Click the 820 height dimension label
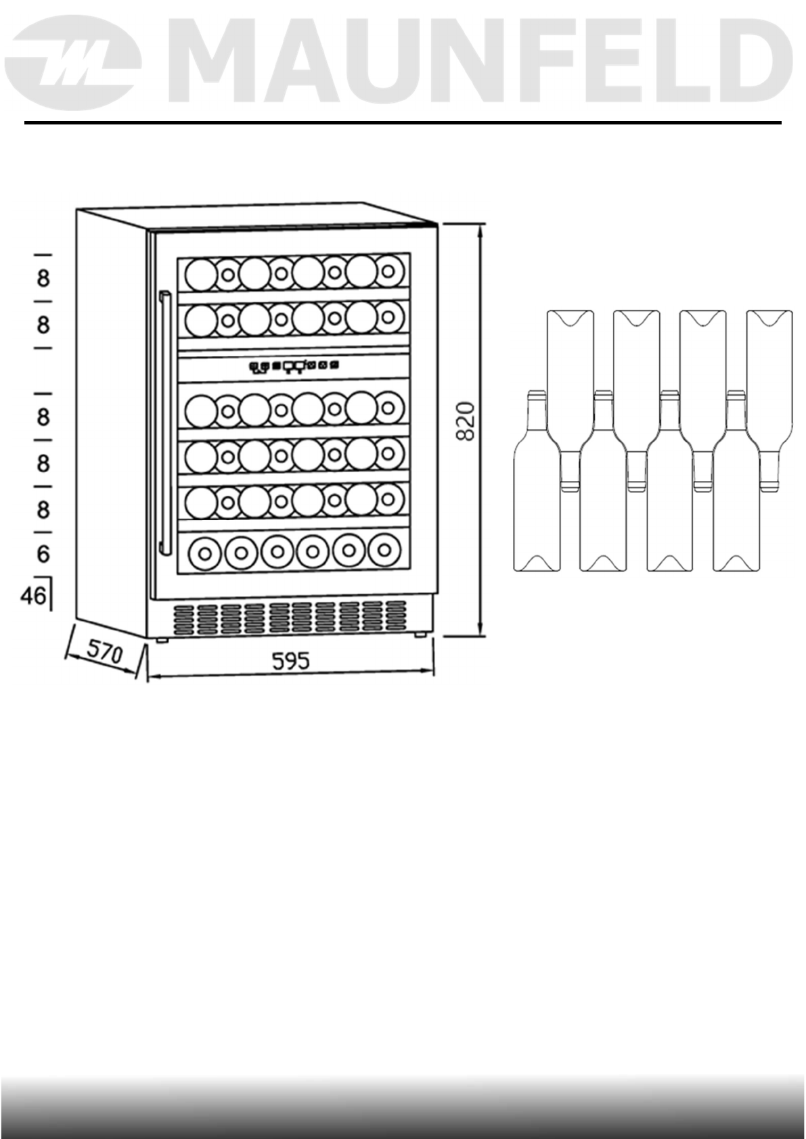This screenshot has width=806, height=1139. (467, 421)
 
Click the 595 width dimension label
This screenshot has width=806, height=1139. (290, 661)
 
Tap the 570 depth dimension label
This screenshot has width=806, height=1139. (105, 653)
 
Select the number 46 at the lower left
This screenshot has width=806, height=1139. (33, 596)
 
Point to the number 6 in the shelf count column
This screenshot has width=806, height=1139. (43, 555)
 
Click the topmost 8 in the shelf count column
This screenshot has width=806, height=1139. (43, 278)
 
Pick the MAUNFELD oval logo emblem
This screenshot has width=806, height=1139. (76, 64)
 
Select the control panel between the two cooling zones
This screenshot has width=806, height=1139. (294, 367)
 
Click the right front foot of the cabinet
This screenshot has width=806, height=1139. (420, 634)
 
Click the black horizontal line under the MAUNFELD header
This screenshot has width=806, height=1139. (403, 123)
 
